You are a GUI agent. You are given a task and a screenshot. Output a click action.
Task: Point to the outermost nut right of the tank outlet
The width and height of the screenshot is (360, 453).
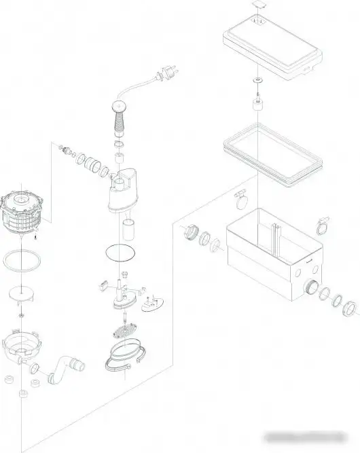click(350, 307)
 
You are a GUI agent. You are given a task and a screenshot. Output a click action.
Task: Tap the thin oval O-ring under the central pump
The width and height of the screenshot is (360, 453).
click(119, 253)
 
